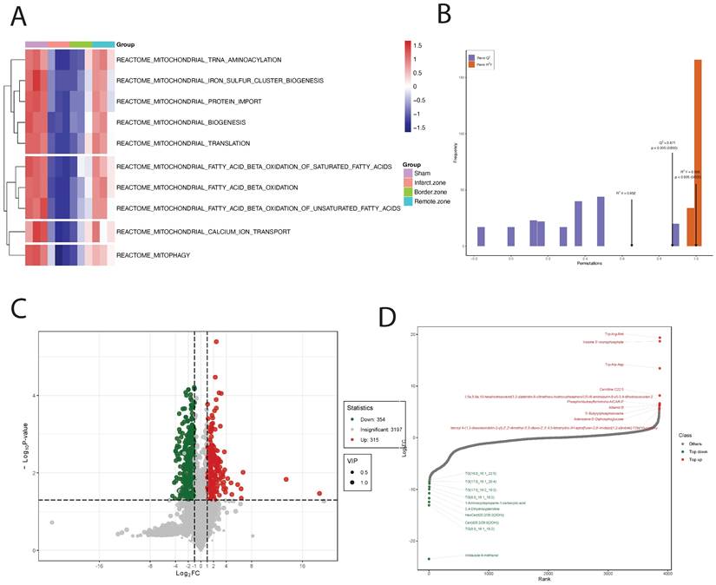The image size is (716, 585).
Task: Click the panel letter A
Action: click(17, 16)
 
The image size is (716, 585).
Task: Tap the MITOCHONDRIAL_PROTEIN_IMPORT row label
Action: click(189, 102)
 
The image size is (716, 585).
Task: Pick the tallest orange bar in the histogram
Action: click(697, 153)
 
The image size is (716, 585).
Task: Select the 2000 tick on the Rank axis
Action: click(548, 574)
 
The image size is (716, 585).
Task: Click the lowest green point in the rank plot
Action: click(429, 559)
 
